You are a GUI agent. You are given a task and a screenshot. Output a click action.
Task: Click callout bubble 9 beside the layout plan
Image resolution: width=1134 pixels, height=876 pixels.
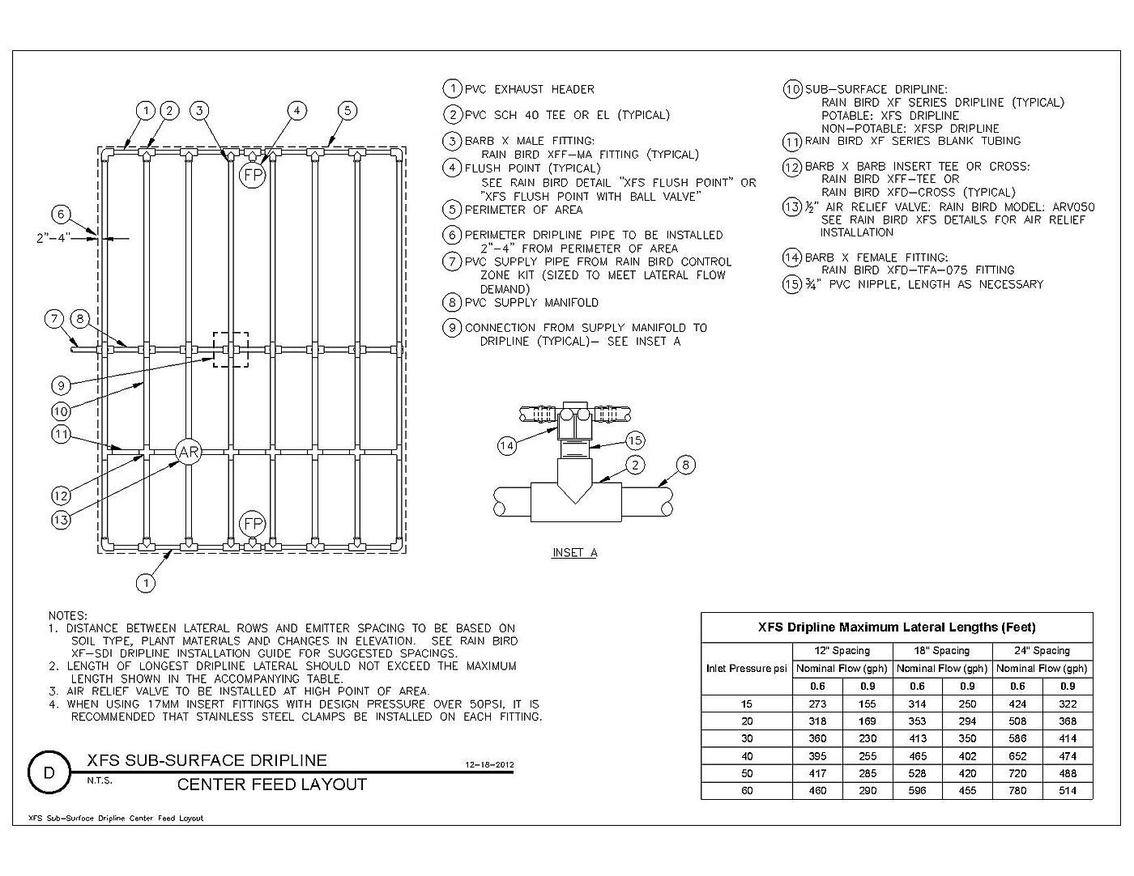click(61, 386)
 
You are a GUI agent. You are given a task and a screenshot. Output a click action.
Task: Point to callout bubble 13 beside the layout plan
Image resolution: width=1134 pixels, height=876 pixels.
click(61, 520)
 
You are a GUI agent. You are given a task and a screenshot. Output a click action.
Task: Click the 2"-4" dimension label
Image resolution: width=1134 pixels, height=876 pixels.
click(53, 238)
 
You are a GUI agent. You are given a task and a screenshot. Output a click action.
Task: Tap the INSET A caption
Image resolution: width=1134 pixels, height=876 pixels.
click(574, 553)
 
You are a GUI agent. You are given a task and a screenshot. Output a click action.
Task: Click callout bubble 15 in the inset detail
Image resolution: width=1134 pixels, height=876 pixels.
click(634, 440)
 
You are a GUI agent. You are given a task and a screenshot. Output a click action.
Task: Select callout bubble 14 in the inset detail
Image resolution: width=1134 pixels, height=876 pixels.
click(507, 445)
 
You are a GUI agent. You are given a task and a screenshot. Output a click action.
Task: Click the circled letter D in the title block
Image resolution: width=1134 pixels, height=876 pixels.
click(49, 772)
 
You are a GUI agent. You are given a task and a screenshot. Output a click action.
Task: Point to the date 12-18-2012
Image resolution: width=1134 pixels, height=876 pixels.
click(489, 765)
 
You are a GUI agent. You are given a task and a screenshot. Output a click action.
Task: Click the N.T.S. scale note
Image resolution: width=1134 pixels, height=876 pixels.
click(100, 781)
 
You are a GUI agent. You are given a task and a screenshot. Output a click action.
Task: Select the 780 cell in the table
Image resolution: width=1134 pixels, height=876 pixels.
click(1017, 790)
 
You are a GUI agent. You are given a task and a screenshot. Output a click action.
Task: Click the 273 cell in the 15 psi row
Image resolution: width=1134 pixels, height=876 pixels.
click(817, 704)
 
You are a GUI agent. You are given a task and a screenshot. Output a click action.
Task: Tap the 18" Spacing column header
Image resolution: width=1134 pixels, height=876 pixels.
click(942, 651)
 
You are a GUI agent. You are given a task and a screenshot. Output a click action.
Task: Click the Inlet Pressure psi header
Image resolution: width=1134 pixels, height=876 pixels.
click(746, 669)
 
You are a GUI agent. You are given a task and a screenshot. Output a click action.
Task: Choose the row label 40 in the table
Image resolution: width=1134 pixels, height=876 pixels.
click(747, 756)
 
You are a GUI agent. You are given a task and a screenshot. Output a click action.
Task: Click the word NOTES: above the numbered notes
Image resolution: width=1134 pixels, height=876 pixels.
click(68, 616)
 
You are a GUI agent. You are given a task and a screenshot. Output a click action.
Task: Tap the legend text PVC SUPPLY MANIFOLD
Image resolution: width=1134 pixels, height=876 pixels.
click(532, 303)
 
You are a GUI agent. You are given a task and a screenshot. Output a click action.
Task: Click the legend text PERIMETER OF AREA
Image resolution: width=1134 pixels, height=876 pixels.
click(523, 210)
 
